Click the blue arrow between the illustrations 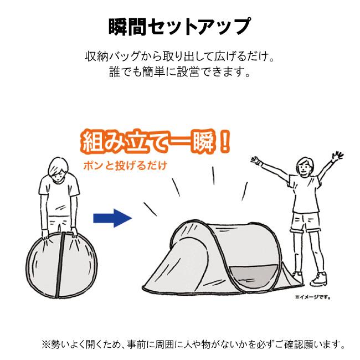point(112,218)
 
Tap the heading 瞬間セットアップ point(179,27)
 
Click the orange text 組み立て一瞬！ point(156,142)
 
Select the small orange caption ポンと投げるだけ point(125,166)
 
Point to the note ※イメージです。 point(313,297)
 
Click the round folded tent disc point(61,265)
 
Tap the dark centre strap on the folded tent point(60,265)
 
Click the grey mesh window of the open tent point(254,275)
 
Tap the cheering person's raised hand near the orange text point(256,161)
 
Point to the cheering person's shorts point(305,222)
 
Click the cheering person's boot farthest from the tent point(318,279)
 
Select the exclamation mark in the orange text point(224,142)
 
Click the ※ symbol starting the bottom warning point(45,344)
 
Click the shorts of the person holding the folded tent point(59,223)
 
